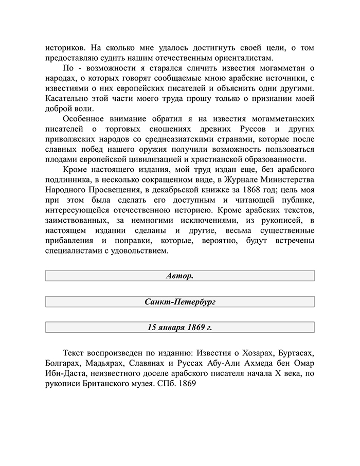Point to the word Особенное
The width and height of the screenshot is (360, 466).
(86, 118)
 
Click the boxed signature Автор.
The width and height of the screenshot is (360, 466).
(179, 276)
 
